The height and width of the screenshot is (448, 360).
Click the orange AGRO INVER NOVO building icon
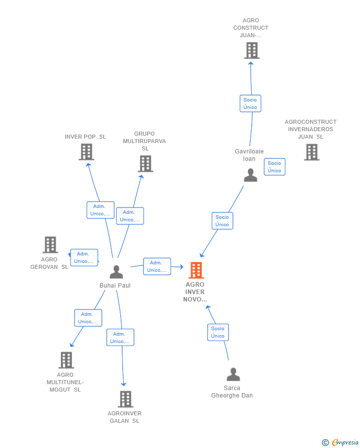[196, 270]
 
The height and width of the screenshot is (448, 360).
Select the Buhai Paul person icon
[116, 272]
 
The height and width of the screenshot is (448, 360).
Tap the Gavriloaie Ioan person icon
[250, 175]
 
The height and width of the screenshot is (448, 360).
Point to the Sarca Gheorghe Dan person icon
[233, 374]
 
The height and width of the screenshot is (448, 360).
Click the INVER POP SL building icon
[87, 151]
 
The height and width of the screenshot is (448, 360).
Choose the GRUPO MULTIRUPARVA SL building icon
[145, 164]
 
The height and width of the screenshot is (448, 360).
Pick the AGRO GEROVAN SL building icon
[50, 245]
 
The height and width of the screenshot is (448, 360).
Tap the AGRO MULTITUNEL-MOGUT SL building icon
[66, 360]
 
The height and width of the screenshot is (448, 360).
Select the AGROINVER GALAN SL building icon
[126, 399]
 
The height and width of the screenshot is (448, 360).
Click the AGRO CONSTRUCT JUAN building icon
[252, 50]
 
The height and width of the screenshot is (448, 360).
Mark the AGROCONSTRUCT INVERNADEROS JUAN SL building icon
[312, 152]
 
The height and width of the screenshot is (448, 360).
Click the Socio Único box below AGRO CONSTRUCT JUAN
[250, 103]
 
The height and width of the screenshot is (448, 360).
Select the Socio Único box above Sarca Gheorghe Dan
[218, 332]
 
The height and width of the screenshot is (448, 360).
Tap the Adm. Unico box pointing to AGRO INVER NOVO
[157, 266]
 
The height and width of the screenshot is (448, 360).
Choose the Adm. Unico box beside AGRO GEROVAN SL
[84, 257]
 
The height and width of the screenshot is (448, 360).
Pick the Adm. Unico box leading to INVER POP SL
[100, 210]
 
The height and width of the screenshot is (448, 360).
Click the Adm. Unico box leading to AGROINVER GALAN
[120, 338]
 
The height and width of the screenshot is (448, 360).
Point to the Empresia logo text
[345, 442]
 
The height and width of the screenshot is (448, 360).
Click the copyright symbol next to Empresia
[325, 443]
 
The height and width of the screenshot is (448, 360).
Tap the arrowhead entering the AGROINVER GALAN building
[124, 384]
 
